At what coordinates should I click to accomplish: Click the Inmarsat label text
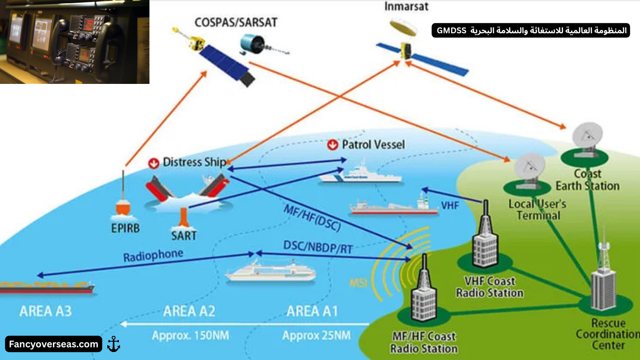(x=406, y=7)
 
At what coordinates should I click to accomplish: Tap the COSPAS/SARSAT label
(x=236, y=22)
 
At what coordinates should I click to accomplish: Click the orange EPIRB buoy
(x=123, y=206)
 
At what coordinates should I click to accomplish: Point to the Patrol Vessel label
(x=373, y=144)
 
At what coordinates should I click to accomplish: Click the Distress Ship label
(x=194, y=162)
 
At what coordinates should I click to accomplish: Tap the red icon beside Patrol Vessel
(x=332, y=145)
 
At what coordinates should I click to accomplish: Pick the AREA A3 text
(x=46, y=311)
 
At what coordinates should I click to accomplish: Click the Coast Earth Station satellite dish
(x=587, y=138)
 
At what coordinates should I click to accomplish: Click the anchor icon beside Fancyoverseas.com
(x=113, y=344)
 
